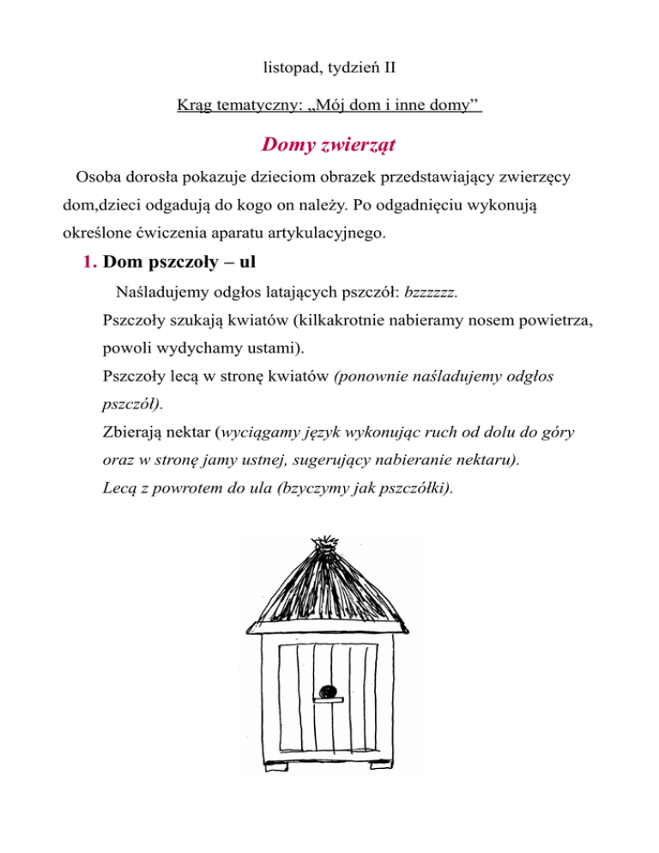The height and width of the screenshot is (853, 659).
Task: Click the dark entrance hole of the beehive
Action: tap(325, 692)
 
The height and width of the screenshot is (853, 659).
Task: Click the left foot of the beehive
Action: tap(273, 765)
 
